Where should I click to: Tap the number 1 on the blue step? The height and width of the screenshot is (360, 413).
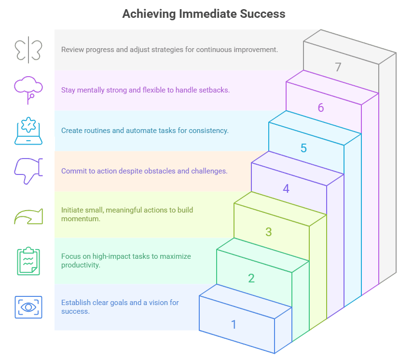click(x=234, y=324)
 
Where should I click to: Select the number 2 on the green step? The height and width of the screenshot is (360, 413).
click(x=251, y=278)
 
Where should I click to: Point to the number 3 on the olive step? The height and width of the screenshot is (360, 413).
click(x=269, y=232)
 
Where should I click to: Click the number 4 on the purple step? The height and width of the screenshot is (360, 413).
click(x=286, y=188)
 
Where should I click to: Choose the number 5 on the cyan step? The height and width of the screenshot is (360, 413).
click(x=303, y=148)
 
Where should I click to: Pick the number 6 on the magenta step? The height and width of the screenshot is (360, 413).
click(x=321, y=107)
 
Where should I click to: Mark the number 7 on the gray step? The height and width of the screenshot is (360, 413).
click(x=338, y=67)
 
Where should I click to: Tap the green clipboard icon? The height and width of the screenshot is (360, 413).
click(x=29, y=261)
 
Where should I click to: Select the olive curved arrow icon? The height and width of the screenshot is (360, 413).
click(x=29, y=216)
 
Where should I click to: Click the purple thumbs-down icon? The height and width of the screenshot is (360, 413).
click(x=29, y=171)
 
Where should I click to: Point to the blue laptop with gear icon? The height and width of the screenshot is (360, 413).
click(x=29, y=131)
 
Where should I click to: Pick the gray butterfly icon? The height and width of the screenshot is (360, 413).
click(x=29, y=50)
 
